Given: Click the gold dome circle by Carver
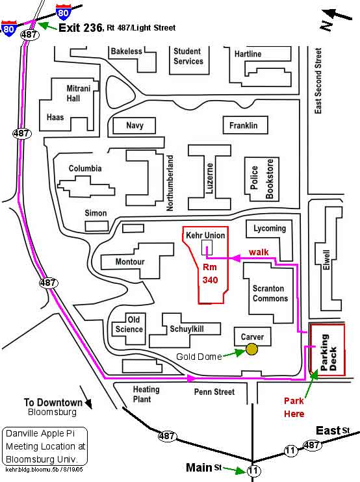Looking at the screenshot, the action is [x=251, y=349].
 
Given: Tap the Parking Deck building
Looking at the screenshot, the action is [x=328, y=349].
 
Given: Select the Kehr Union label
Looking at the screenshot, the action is [x=205, y=235].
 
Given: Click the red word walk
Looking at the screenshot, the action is [x=259, y=252].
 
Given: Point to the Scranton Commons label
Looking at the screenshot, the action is [x=270, y=293].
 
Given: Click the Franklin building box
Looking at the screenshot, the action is [x=246, y=125].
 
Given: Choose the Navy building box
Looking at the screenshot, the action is [x=135, y=125].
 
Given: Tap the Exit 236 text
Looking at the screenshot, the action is [x=81, y=28].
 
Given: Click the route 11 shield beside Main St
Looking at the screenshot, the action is [x=253, y=470].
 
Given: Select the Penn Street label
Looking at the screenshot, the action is [x=214, y=392].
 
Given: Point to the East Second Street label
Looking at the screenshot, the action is [x=318, y=81].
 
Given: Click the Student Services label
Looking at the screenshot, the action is [x=188, y=57].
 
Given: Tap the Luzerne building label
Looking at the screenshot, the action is [x=209, y=178].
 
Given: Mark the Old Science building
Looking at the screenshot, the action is [x=129, y=329].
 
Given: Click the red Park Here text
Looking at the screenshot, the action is [x=294, y=407].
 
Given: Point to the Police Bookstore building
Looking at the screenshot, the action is [x=262, y=179].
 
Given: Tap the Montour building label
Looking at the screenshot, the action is [x=130, y=262].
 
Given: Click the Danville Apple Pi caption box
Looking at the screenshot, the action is [x=45, y=446].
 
